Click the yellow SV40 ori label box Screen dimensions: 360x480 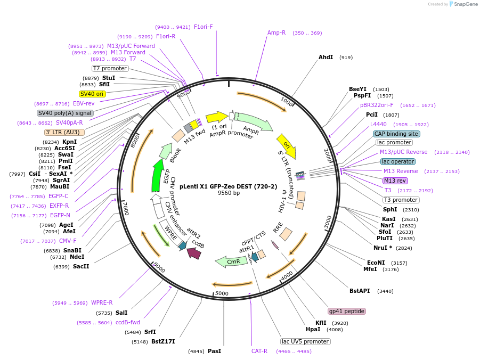[x=92, y=94]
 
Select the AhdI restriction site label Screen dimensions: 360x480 [x=326, y=57]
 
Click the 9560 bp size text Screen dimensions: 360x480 [x=229, y=193]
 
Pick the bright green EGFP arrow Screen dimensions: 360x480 [x=157, y=176]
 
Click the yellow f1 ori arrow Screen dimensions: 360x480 [x=216, y=117]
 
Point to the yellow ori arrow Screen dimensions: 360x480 [x=286, y=145]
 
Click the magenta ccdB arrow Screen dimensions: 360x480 [x=193, y=253]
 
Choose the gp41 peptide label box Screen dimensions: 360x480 [x=347, y=311]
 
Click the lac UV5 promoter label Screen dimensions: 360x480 [x=305, y=341]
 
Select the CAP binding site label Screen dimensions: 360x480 [x=396, y=134]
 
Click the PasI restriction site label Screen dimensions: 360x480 [x=214, y=351]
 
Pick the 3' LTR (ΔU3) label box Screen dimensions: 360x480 [x=64, y=132]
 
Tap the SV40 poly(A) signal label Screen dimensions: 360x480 [x=65, y=113]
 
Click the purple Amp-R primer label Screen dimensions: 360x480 [x=276, y=32]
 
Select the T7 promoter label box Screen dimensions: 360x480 [x=110, y=68]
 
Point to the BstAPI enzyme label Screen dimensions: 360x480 [x=360, y=291]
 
